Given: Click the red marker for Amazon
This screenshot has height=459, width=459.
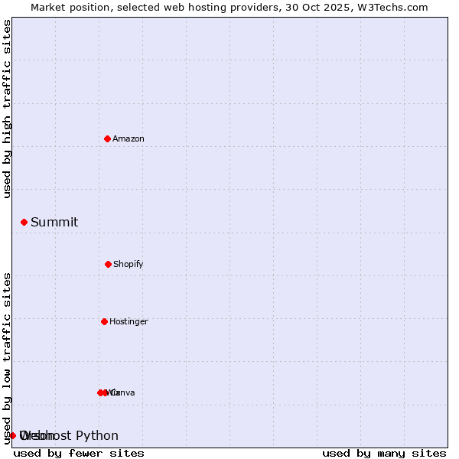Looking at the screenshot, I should click(107, 138).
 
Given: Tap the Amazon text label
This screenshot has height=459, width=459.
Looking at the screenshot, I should click(129, 139).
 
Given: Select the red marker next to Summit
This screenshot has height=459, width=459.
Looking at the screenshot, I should click(24, 222).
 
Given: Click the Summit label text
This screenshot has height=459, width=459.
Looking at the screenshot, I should click(54, 223).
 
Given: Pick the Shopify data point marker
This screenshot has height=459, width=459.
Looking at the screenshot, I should click(108, 264).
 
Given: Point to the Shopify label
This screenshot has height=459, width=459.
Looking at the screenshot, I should click(129, 265).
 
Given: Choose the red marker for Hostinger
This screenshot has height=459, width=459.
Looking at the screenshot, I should click(104, 321).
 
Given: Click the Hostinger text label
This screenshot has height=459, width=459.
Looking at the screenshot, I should click(129, 322).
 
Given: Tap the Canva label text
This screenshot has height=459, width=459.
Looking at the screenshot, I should click(123, 393).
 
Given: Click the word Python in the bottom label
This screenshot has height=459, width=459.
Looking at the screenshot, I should click(97, 436).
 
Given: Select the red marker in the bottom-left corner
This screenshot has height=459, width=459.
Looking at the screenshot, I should click(12, 435).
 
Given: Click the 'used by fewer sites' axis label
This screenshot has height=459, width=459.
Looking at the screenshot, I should click(79, 453).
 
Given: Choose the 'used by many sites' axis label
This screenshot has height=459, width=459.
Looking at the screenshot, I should click(384, 453).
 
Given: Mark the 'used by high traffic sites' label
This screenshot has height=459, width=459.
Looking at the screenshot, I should click(7, 109).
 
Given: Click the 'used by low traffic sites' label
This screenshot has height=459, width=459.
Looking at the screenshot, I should click(7, 358).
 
